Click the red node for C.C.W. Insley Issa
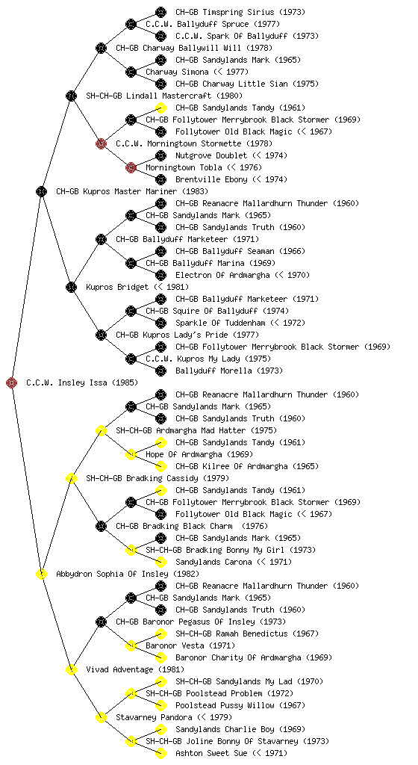pos(12,382)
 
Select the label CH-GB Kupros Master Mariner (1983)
pos(132,191)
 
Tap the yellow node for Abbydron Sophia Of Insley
pos(41,574)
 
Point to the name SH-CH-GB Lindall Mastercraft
pos(149,96)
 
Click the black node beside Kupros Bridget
pos(71,287)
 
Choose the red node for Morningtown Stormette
pos(101,143)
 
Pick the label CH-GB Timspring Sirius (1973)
pos(240,12)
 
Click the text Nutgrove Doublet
pos(212,155)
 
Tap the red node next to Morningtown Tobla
pos(131,167)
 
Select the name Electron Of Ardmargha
pos(222,275)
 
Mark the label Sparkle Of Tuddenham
pos(220,323)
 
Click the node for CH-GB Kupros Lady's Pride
pos(101,335)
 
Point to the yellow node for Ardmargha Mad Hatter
pos(101,430)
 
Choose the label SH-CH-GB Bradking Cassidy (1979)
pos(157,478)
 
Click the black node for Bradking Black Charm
pos(101,526)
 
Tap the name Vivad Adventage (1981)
pos(135,669)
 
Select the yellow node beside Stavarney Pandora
pos(101,717)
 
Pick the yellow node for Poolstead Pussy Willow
pos(160,705)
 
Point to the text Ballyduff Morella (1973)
pos(229,371)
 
